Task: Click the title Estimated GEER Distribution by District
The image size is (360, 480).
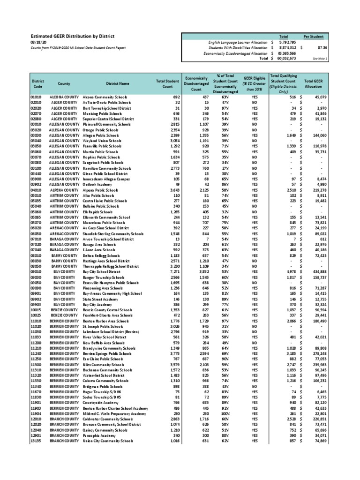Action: coord(72,36)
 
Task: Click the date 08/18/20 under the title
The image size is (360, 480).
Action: coord(38,42)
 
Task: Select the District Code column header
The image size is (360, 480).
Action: coord(38,83)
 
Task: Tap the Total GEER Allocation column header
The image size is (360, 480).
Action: coord(313,83)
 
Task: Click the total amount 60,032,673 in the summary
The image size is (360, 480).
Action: coord(286,59)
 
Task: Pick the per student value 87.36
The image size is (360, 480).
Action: coord(322,47)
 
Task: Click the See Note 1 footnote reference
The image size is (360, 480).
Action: coord(320,59)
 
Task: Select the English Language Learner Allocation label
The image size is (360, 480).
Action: coord(239,42)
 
